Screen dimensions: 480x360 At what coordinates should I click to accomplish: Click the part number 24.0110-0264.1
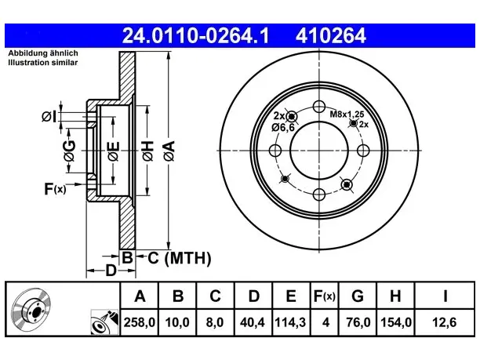(x=195, y=35)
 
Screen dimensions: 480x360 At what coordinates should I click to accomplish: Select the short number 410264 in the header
(x=331, y=35)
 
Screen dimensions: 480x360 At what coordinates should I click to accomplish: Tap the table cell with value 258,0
(x=140, y=322)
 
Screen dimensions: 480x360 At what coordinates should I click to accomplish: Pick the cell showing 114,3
(x=290, y=322)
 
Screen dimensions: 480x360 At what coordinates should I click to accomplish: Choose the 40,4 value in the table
(x=253, y=322)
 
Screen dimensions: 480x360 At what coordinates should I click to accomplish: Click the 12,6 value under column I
(x=445, y=322)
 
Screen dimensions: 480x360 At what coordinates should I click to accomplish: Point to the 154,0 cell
(x=395, y=322)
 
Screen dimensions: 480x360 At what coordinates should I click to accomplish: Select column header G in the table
(x=358, y=296)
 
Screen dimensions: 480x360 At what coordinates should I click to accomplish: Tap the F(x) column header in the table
(x=325, y=296)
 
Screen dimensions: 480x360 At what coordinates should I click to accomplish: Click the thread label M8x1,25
(x=347, y=115)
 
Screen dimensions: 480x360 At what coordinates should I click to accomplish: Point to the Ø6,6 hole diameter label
(x=283, y=127)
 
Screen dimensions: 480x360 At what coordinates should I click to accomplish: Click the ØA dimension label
(x=169, y=151)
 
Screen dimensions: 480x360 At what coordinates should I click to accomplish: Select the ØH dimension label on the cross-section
(x=147, y=151)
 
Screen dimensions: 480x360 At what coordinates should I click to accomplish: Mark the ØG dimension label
(x=69, y=151)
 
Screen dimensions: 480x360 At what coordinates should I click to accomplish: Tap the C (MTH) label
(x=180, y=258)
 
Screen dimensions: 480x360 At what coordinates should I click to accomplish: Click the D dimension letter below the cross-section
(x=111, y=271)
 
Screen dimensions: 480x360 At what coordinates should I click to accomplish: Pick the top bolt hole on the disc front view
(x=319, y=107)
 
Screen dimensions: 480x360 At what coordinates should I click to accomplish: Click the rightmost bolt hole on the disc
(x=363, y=151)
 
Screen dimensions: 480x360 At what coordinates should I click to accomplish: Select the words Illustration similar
(x=43, y=63)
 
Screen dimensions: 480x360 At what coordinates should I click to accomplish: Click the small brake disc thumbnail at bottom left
(x=31, y=310)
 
